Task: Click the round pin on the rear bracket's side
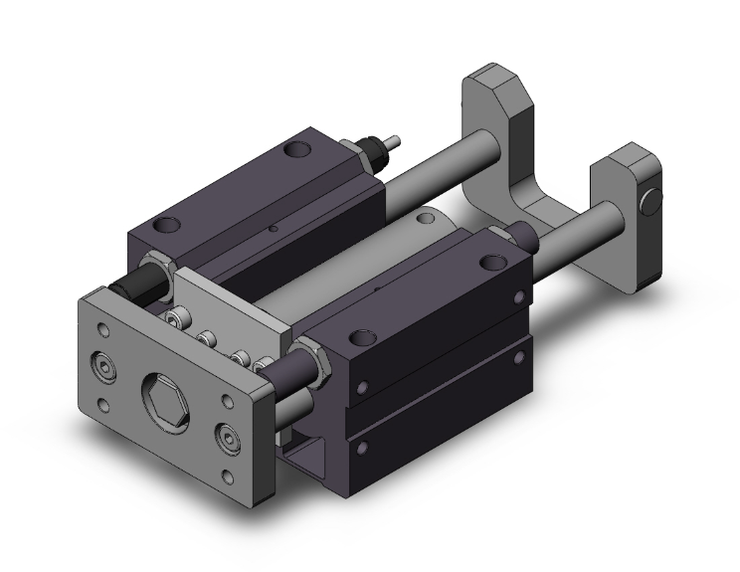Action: pyautogui.click(x=652, y=202)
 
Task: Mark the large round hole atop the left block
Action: pyautogui.click(x=295, y=151)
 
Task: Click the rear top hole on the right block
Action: pyautogui.click(x=490, y=263)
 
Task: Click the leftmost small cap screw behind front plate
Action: pyautogui.click(x=177, y=319)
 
